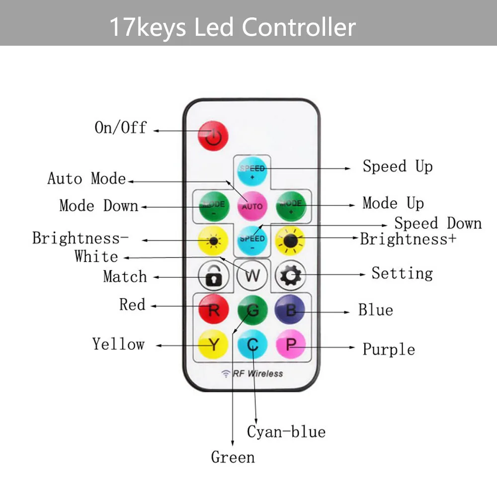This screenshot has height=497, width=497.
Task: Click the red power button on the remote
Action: tap(213, 135)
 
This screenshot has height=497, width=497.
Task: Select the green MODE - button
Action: tap(214, 206)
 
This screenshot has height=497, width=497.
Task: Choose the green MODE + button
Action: tap(291, 206)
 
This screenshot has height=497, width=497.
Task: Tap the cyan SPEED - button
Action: tap(252, 240)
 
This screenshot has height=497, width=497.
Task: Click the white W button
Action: tap(252, 275)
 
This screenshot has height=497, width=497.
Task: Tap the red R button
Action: tap(214, 310)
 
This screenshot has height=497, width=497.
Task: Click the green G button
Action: tap(252, 310)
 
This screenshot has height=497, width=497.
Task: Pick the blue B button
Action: tap(291, 310)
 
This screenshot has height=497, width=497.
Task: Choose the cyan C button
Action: tap(252, 344)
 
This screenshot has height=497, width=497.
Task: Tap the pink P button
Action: tap(291, 344)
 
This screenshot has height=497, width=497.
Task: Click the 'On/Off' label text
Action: tap(120, 128)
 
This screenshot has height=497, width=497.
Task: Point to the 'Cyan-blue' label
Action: tap(286, 431)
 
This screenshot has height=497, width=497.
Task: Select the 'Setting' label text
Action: tap(402, 273)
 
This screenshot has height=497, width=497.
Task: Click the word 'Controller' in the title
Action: tap(299, 27)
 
